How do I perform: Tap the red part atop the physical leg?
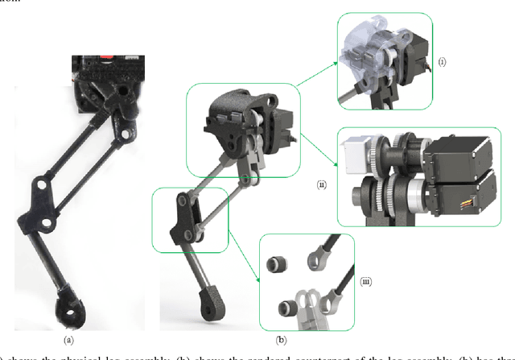105,60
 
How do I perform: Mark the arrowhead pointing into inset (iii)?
259,279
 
